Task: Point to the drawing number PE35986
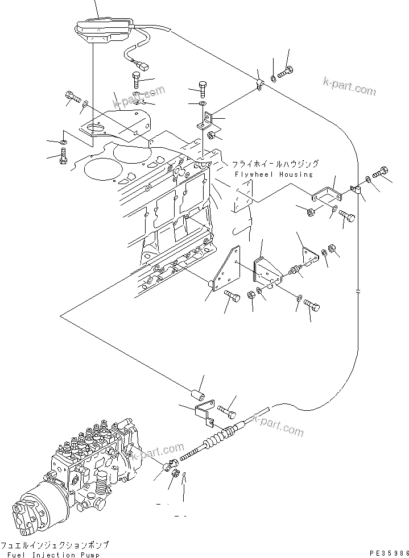point(386,552)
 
